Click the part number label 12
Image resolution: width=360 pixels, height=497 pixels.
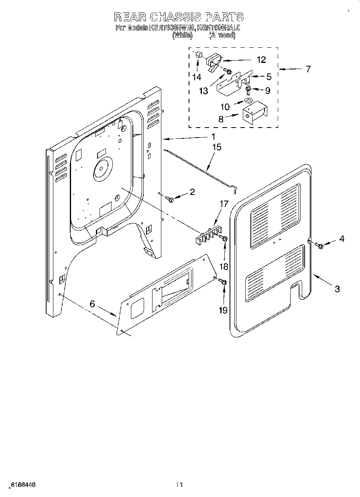pyautogui.click(x=261, y=60)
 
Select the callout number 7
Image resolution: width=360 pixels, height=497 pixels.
pyautogui.click(x=308, y=69)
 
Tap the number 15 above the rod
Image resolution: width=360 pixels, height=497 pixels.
pyautogui.click(x=216, y=147)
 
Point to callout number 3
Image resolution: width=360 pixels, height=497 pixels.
pyautogui.click(x=337, y=288)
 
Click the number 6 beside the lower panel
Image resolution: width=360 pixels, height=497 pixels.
pyautogui.click(x=92, y=304)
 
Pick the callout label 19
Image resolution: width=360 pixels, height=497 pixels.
pyautogui.click(x=224, y=310)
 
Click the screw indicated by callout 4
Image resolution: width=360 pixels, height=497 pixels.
pyautogui.click(x=320, y=245)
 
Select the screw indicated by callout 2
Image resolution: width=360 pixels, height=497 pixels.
pyautogui.click(x=171, y=199)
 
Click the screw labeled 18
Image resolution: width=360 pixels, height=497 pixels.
pyautogui.click(x=225, y=239)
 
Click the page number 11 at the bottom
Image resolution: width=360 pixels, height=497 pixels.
pyautogui.click(x=179, y=485)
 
